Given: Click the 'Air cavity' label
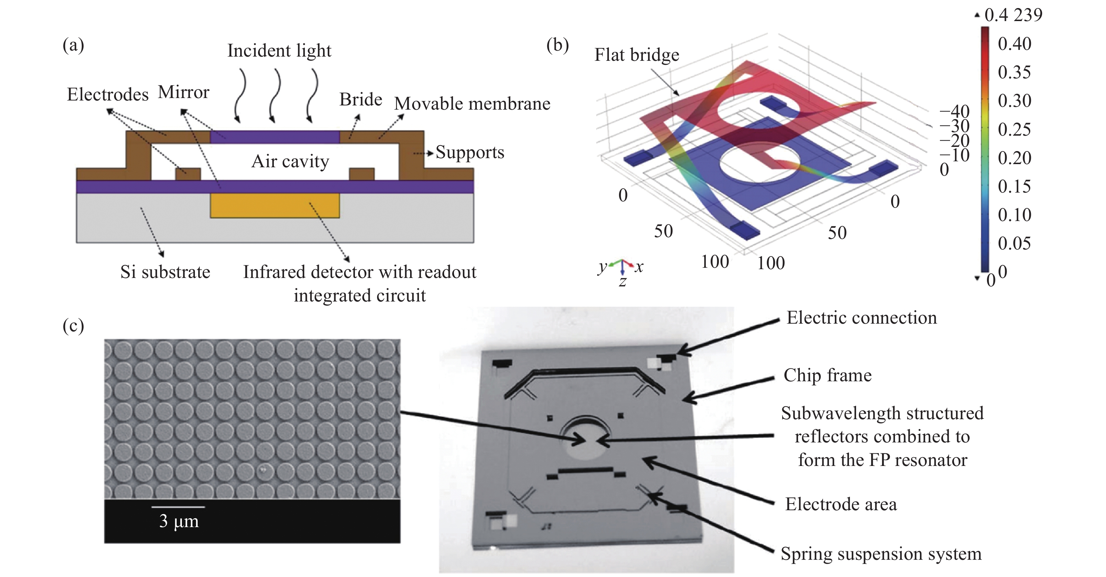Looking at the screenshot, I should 290,162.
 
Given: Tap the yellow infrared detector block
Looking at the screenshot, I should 275,205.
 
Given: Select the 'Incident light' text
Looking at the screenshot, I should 279,51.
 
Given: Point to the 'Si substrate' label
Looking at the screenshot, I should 165,272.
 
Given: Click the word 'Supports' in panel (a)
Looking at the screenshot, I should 470,153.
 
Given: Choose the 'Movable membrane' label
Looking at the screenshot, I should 472,104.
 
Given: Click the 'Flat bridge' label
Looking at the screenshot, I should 637,55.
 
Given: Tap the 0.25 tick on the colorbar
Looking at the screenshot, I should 1014,129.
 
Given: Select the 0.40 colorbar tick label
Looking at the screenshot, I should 1014,44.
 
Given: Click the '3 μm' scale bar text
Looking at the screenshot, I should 179,521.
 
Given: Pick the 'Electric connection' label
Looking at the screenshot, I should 861,318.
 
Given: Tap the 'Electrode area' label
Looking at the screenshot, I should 841,504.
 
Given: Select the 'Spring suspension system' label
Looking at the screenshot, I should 881,554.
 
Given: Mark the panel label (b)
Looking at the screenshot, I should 557,45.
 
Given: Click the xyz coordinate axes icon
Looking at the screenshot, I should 622,270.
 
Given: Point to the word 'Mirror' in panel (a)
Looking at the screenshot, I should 183,92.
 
